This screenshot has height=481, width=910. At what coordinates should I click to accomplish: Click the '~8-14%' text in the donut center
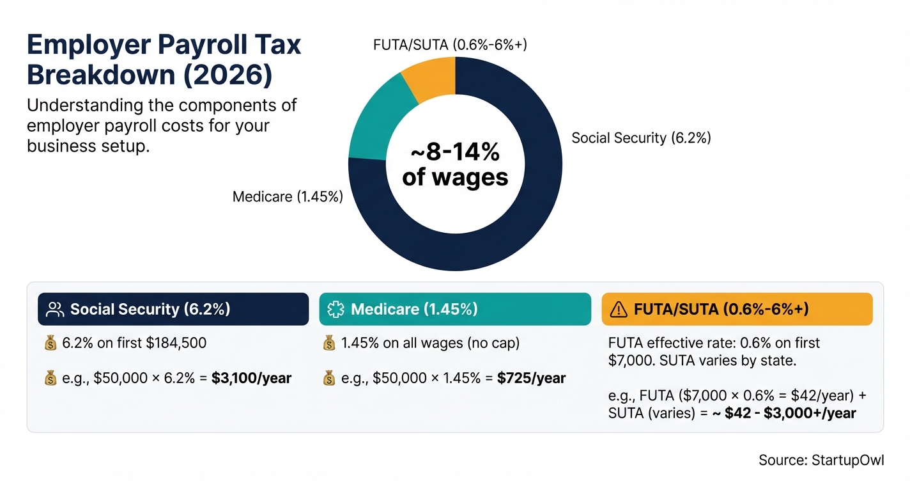(x=455, y=154)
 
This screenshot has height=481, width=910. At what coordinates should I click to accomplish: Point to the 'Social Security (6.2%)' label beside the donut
(x=641, y=138)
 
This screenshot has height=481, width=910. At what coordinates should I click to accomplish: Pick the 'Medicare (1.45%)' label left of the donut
(x=288, y=197)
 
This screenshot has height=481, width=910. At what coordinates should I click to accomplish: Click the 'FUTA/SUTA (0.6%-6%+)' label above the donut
(x=450, y=45)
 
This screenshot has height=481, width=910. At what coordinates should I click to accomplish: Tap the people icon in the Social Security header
(x=56, y=310)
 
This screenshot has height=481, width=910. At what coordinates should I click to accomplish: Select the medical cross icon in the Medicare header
(x=335, y=310)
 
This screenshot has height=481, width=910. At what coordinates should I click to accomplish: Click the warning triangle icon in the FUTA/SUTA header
(x=619, y=310)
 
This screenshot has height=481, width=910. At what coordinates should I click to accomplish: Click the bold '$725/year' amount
(x=531, y=378)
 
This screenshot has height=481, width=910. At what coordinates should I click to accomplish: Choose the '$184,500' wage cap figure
(x=176, y=343)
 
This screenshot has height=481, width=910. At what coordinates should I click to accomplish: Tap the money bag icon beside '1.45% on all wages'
(x=329, y=343)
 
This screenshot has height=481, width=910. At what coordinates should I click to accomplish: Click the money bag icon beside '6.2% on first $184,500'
(x=50, y=343)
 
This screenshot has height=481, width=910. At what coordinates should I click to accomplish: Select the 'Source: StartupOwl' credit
(x=821, y=460)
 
